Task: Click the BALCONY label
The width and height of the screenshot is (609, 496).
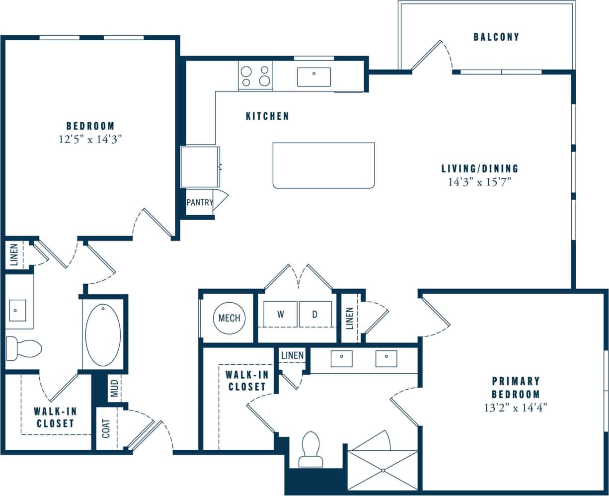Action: tap(496, 37)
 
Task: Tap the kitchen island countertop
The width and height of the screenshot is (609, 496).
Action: tap(323, 165)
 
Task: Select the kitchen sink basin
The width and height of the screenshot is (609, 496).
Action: tap(314, 77)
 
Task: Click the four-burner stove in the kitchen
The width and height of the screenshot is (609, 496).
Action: tap(255, 76)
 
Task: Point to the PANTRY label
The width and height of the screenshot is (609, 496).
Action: tap(199, 203)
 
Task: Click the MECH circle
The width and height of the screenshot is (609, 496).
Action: tap(229, 318)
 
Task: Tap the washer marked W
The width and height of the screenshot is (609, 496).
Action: tap(280, 314)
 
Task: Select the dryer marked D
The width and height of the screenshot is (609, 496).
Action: tap(315, 314)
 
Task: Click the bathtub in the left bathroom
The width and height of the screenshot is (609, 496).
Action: tap(103, 335)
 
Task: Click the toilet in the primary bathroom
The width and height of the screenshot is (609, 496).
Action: tap(311, 449)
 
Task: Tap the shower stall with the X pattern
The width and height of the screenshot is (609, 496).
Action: tap(382, 470)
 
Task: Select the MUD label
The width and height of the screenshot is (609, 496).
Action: tap(114, 389)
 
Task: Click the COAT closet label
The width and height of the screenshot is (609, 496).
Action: tap(106, 428)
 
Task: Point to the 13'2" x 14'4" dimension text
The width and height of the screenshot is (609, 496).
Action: tap(516, 408)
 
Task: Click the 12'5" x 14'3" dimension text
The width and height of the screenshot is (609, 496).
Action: tap(90, 140)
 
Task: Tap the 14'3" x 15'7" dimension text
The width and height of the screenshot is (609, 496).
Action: tap(480, 182)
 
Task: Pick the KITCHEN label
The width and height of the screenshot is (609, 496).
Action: tap(267, 116)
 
